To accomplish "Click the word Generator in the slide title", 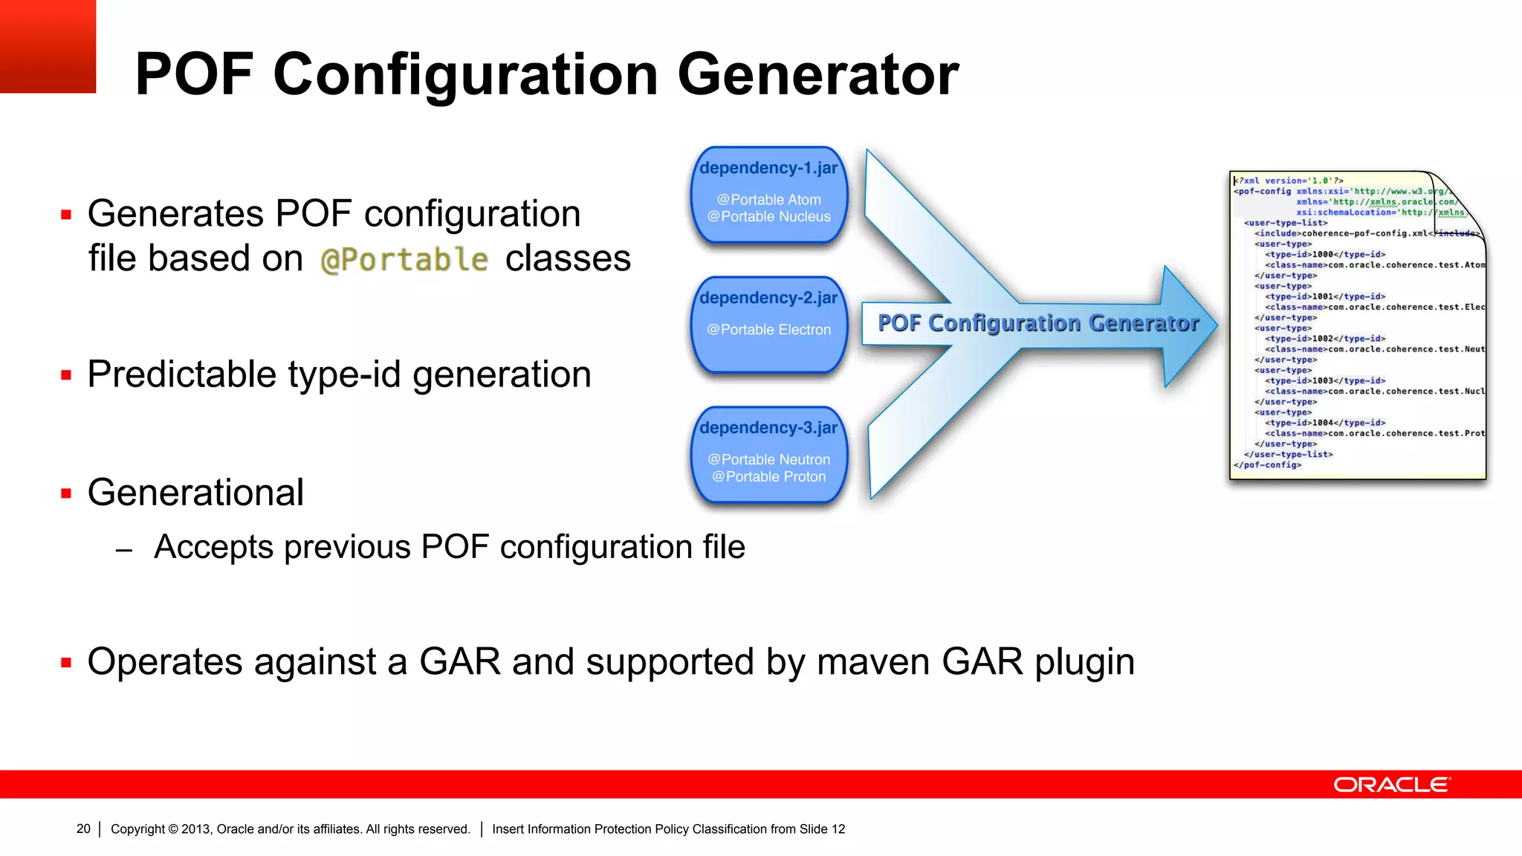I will (817, 74).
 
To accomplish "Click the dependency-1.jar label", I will (768, 168).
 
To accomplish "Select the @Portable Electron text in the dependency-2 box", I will (768, 329).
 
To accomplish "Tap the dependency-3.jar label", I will (768, 428).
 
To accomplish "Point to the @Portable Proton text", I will (768, 477).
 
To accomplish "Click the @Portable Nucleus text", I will (768, 217).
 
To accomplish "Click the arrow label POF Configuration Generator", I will (1037, 323).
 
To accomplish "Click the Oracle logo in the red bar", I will (1391, 785).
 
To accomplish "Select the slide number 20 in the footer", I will (83, 829).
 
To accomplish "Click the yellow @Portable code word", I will (404, 260).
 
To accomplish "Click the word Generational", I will (195, 493).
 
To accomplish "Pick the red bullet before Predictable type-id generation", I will (66, 375).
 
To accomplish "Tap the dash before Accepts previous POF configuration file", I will (124, 551).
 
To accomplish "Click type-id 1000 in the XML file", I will (1324, 254).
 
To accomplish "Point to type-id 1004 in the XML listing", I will (1324, 423).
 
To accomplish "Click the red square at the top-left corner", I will (48, 46).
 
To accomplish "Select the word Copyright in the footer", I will (137, 829).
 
